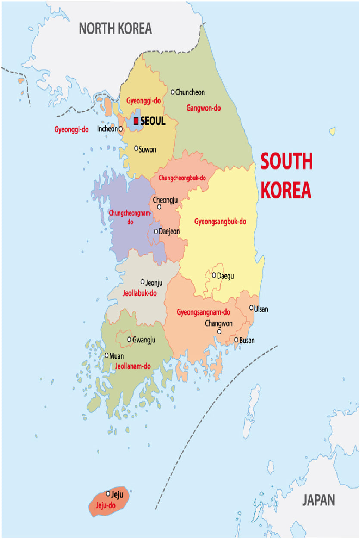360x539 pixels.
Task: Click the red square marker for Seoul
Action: click(136, 122)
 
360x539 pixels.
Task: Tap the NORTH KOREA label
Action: click(115, 28)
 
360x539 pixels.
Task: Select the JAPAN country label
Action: click(318, 500)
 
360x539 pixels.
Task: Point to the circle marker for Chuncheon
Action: click(172, 92)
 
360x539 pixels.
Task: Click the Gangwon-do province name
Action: click(203, 108)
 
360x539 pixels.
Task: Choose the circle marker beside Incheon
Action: click(121, 128)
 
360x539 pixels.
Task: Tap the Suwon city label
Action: click(147, 150)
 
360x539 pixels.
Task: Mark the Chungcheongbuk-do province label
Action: click(182, 178)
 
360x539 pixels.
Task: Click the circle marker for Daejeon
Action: click(156, 232)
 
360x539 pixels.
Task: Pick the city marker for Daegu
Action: click(214, 275)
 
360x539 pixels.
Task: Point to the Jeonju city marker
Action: click(143, 282)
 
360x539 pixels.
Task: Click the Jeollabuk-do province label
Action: click(140, 293)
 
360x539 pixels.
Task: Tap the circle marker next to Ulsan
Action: click(251, 308)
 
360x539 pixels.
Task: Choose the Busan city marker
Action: click(236, 340)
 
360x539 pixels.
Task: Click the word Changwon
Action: click(219, 323)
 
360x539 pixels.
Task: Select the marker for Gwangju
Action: click(129, 340)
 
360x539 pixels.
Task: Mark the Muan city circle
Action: click(106, 355)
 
